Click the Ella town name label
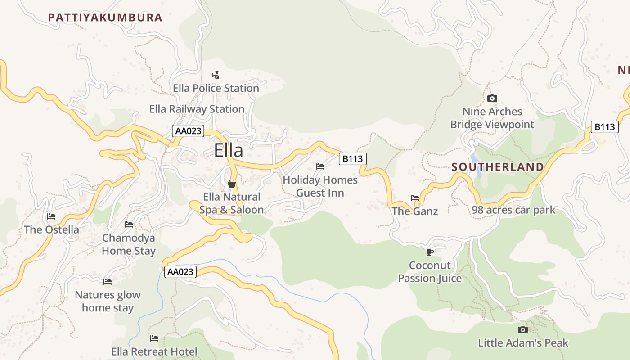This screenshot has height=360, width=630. pos(228,150)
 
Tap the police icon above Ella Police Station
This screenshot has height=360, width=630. pos(216,75)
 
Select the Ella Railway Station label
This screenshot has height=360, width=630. pos(197,109)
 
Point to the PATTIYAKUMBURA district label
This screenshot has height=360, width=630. pos(105,18)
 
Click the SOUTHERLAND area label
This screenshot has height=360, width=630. pos(497,167)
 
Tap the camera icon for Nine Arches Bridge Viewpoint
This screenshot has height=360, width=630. pos(492,98)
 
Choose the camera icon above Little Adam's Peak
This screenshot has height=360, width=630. pos(522,329)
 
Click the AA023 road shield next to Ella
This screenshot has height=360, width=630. pos(188,131)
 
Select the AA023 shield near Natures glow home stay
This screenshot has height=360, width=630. pos(180,271)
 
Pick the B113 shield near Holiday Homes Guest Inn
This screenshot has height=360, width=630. pos(352,158)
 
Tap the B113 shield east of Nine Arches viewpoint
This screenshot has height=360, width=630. pos(604,127)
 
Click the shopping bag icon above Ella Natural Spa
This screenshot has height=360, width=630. pos(232,184)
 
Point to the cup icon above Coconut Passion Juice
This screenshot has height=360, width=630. pos(429,252)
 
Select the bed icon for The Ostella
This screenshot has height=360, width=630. pos(51,216)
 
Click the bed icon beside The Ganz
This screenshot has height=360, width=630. pos(415,198)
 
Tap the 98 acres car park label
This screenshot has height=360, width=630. pos(513,210)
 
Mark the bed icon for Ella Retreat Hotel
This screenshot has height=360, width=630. pos(154,338)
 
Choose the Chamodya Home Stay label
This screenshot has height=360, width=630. pos(129,244)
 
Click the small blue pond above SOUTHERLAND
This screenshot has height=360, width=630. pos(475,159)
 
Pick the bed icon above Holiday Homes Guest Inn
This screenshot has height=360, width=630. pos(320,166)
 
